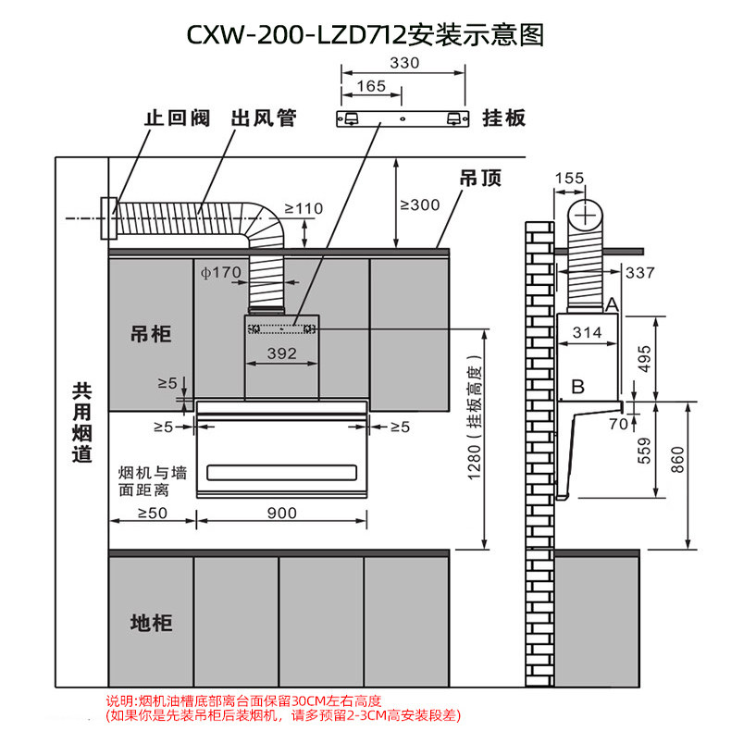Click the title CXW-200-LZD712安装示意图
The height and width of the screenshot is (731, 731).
pos(365,34)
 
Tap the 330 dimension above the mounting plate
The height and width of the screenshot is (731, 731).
pos(404,63)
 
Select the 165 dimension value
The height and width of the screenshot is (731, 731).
pos(370,86)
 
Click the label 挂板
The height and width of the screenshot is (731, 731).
pos(504,118)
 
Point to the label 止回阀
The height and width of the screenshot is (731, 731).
pos(176,118)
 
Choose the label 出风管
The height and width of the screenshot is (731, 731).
pos(262,118)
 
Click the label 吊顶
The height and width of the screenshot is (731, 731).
pos(481,179)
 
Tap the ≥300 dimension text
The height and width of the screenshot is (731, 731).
pos(419,204)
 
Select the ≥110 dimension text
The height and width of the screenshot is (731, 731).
pos(304,208)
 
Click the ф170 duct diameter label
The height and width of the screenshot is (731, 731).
pos(220,272)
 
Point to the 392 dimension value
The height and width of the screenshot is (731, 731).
pos(281,353)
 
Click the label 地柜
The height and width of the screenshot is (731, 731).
pos(151,622)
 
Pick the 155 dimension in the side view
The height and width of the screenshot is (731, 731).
pos(571,179)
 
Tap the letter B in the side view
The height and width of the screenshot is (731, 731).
pos(577,387)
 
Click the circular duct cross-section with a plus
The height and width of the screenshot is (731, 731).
pos(585,217)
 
